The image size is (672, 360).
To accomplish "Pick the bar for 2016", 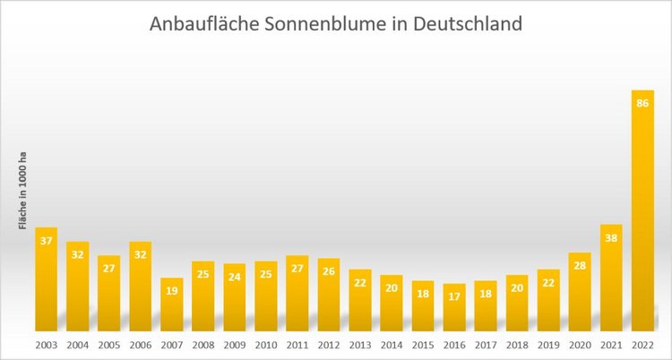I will point(454,310).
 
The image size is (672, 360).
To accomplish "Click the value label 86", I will point(642,104).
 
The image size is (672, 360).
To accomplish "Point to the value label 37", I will point(47,241).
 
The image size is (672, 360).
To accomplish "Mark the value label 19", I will point(172,291).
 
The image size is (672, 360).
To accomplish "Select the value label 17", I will point(454,297).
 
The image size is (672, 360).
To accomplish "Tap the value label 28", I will point(580,266).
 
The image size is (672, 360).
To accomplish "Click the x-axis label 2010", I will point(266,345).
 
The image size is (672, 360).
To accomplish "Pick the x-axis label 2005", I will point(109,345).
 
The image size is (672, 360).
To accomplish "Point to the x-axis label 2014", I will point(392,345).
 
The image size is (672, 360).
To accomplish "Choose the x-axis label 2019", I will point(548,345).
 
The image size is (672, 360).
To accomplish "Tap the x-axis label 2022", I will point(642,345).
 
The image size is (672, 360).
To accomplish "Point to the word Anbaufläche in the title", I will point(203,24).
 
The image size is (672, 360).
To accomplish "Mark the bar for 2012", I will point(329,296).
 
